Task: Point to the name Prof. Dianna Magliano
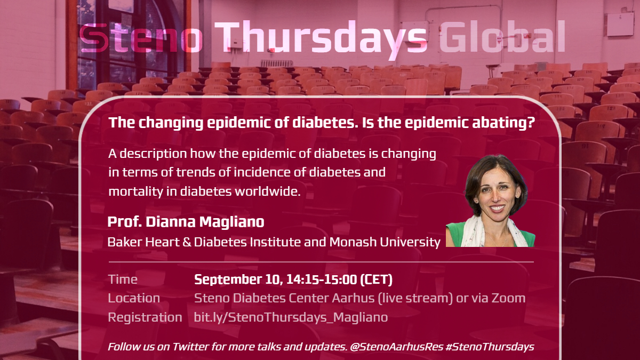186,222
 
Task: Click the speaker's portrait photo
491,201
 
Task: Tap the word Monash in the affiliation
352,242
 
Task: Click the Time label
123,279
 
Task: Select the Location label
134,298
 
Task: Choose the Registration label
145,317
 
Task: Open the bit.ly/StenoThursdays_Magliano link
291,317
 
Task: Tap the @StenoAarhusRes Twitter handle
396,347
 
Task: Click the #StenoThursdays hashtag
490,347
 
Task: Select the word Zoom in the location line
509,298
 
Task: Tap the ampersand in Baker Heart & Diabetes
187,242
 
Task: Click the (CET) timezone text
377,279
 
